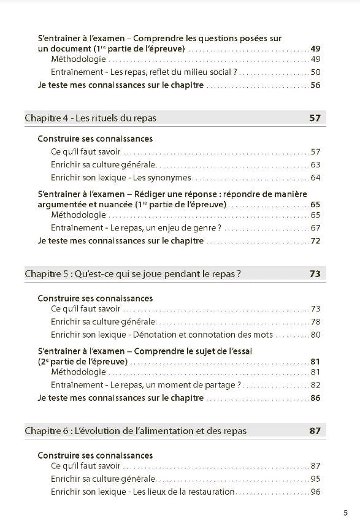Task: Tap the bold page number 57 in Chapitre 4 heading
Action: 315,118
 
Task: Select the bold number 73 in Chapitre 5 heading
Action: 315,274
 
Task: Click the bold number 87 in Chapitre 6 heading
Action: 315,430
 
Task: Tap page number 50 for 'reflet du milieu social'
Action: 316,72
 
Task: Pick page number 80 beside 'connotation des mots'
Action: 316,335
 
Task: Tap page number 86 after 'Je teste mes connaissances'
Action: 316,398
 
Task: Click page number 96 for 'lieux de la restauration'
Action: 316,492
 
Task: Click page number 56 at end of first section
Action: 316,85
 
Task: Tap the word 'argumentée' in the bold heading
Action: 59,204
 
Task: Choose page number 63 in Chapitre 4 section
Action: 316,164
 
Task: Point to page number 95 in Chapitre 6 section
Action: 316,479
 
